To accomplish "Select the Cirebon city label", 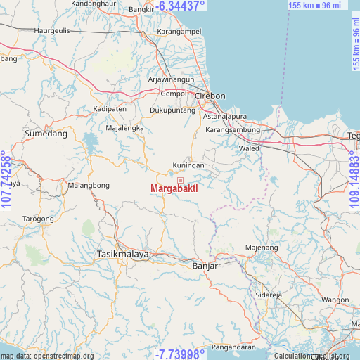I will [210, 96].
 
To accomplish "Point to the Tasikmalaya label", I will [123, 254].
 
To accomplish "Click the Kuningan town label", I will [188, 166].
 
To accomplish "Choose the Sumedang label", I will [46, 133].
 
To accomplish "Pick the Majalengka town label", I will [124, 128].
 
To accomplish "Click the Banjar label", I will [205, 266].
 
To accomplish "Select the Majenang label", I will [262, 247].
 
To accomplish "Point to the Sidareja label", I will [268, 295].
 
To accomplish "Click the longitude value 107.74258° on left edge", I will [6, 180].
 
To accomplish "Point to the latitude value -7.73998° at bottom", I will [181, 354].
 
